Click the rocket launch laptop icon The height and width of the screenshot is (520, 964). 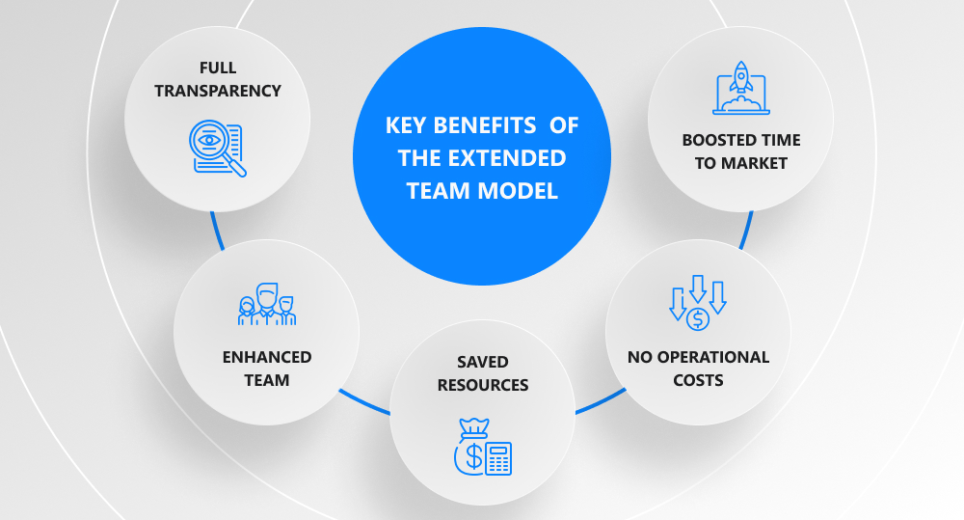click(740, 88)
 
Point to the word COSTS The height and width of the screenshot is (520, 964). click(698, 380)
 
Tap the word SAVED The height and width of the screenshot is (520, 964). click(482, 362)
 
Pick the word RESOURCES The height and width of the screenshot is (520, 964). click(483, 385)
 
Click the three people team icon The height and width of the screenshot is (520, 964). click(267, 303)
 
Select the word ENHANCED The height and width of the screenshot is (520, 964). click(267, 357)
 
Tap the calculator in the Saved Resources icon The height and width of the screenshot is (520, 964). click(498, 458)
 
